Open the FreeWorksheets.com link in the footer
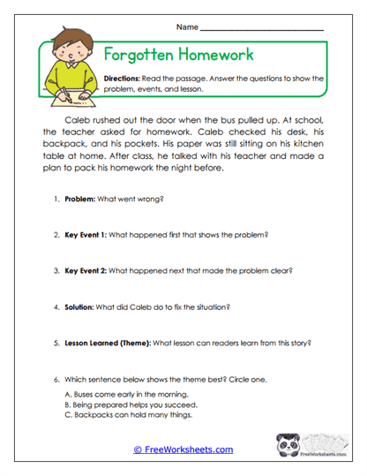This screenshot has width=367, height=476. point(183,450)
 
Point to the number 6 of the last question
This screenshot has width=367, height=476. point(56,377)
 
